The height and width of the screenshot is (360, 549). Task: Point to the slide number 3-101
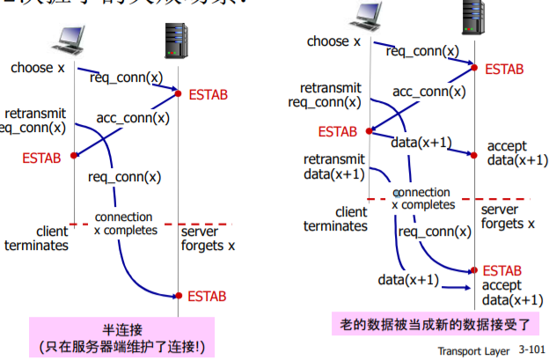click(531, 349)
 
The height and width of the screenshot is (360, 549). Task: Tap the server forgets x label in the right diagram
click(508, 217)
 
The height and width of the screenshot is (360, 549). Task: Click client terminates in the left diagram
click(36, 239)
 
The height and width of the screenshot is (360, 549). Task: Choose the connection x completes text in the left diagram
click(124, 224)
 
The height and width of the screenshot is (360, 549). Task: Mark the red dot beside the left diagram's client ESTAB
click(74, 156)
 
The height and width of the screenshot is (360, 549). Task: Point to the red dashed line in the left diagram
click(150, 225)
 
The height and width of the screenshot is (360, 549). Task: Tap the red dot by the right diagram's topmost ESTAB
click(475, 67)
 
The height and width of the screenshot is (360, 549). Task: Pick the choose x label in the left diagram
click(37, 68)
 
